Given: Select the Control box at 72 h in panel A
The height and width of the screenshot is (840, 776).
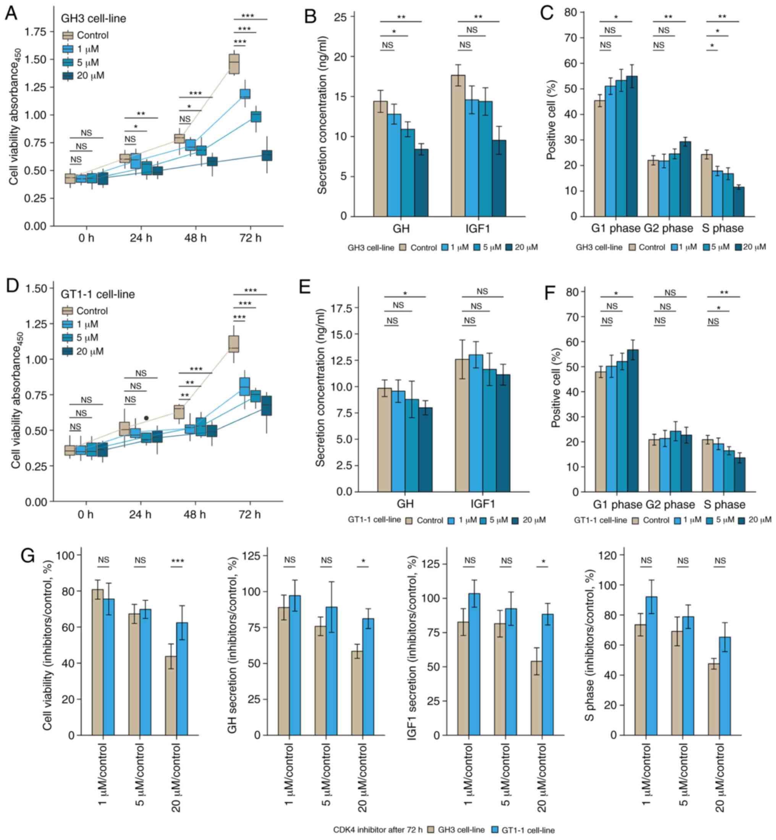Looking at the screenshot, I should [x=234, y=63].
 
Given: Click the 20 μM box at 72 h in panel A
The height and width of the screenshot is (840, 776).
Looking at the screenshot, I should [x=267, y=155].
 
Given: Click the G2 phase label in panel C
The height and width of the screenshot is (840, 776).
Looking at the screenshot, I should [x=669, y=228].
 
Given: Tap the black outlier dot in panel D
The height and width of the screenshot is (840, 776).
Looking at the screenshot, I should [x=146, y=418].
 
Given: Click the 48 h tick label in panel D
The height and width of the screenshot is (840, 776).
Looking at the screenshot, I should [x=195, y=514].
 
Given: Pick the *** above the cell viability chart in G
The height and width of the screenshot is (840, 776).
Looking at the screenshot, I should [x=177, y=561].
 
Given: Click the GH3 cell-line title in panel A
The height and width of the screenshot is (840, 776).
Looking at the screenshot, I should [x=93, y=18].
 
